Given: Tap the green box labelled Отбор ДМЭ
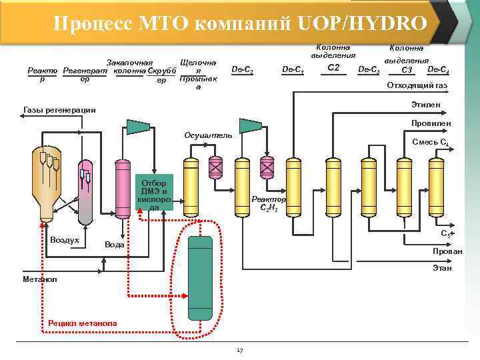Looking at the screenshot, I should [x=154, y=193].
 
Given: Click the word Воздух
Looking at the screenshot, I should [x=65, y=239].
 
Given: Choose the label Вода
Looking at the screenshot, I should [x=115, y=245].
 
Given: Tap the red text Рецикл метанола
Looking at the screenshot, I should [x=83, y=323].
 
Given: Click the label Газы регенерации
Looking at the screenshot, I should [x=59, y=110].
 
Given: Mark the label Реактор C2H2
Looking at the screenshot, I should [x=269, y=203].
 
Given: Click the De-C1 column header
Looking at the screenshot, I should [x=293, y=69].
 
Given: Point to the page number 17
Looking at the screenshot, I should [x=239, y=350].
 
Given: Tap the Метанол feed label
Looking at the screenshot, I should [x=39, y=279].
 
